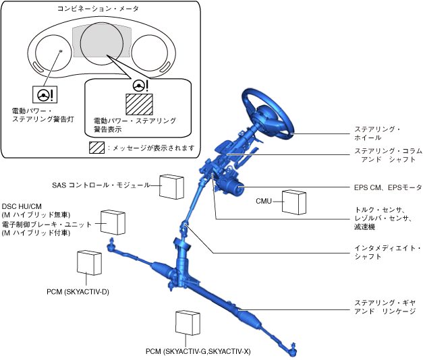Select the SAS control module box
click(x=171, y=186)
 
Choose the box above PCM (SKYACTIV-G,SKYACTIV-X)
click(x=188, y=322)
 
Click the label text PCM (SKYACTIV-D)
click(x=78, y=292)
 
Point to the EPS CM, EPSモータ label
click(x=388, y=187)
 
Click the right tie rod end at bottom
click(x=292, y=348)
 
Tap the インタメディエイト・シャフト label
click(x=387, y=253)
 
